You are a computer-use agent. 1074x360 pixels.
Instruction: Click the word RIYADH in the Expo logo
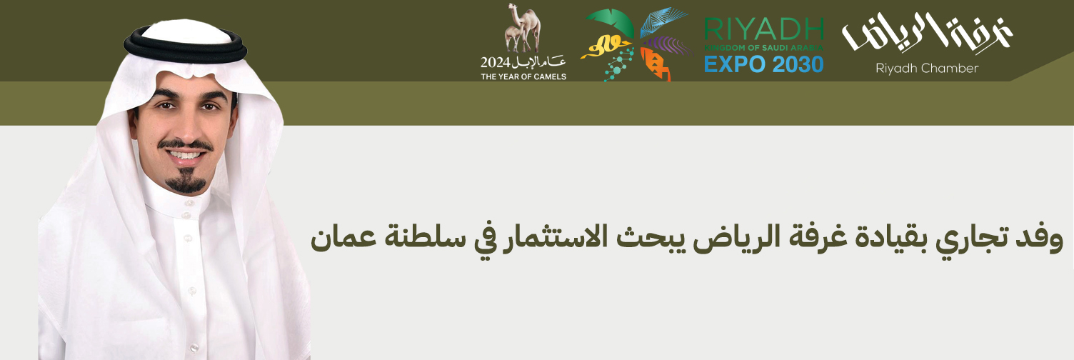point(764,29)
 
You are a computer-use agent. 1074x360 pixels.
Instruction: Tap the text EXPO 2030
point(764,64)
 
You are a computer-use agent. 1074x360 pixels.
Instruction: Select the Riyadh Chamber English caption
point(927,69)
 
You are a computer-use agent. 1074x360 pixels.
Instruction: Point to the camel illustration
point(522,29)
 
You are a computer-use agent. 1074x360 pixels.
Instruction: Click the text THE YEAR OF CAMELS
point(523,76)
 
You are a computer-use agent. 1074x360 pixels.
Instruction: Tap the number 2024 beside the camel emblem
point(496,62)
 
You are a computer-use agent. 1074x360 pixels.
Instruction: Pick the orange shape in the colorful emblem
point(654,64)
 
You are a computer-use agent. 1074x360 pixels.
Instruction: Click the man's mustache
point(186,144)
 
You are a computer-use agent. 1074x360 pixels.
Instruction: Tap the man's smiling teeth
point(185,155)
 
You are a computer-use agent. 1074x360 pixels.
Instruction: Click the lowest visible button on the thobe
point(194,346)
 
